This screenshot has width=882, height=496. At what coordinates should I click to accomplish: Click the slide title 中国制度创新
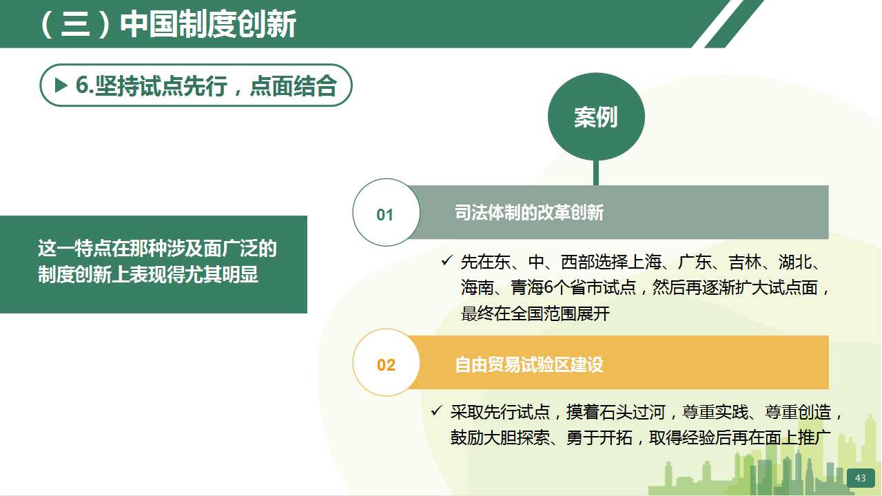click(x=208, y=24)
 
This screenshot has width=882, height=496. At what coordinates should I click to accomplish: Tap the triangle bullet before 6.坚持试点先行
click(x=61, y=85)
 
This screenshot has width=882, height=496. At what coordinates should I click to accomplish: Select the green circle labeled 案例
click(x=596, y=116)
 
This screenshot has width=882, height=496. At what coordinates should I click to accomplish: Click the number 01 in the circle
click(x=384, y=215)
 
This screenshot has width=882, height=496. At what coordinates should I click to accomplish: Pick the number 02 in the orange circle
click(x=386, y=365)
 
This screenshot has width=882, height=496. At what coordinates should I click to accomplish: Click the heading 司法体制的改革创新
click(x=529, y=213)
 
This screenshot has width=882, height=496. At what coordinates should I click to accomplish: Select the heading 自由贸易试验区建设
click(x=529, y=364)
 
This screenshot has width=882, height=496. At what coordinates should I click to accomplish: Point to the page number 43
click(x=861, y=478)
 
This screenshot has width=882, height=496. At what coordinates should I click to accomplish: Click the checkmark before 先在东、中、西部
click(x=447, y=260)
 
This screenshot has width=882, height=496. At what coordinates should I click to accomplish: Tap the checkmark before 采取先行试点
click(x=437, y=411)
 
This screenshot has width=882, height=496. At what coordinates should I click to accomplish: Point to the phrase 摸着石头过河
click(x=615, y=413)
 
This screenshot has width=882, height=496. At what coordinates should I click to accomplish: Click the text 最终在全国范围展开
click(x=535, y=314)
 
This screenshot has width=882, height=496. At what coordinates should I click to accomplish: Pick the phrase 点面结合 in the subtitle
click(x=294, y=86)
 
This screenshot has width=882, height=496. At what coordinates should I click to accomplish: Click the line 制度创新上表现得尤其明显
click(x=148, y=274)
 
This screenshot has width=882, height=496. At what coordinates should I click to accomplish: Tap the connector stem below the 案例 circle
click(x=596, y=172)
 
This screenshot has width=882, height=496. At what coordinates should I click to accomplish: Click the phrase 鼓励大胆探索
click(x=500, y=437)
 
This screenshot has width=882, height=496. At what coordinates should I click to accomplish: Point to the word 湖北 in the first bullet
click(x=794, y=262)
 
